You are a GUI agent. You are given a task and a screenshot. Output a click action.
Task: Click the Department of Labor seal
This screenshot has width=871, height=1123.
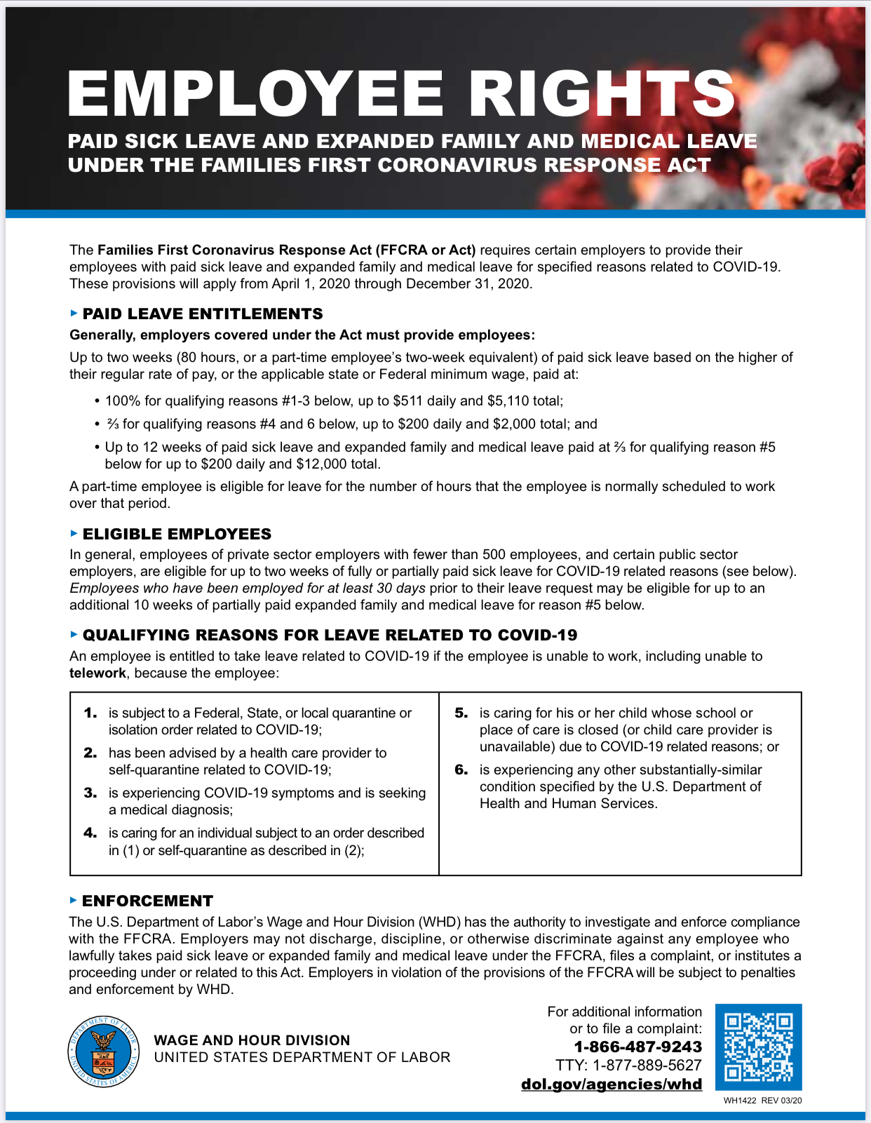pyautogui.click(x=103, y=1051)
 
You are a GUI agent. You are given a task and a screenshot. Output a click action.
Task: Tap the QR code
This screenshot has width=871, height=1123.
pyautogui.click(x=758, y=1047)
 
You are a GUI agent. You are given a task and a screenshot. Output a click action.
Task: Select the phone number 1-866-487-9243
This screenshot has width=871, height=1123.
pyautogui.click(x=637, y=1047)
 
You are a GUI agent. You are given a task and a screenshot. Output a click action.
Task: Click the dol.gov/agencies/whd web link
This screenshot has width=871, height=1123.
pyautogui.click(x=611, y=1084)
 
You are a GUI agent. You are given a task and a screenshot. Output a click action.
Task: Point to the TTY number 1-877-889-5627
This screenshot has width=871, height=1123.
pyautogui.click(x=647, y=1065)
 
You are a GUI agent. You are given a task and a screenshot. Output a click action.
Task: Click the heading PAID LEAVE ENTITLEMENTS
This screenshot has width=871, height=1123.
pyautogui.click(x=203, y=314)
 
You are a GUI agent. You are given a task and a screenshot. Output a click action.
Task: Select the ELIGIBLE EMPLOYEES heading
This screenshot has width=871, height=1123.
pyautogui.click(x=177, y=534)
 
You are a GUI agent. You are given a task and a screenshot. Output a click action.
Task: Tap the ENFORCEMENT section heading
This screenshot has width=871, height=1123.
pyautogui.click(x=147, y=901)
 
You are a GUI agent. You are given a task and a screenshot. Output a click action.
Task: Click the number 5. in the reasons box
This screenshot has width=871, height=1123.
pyautogui.click(x=461, y=713)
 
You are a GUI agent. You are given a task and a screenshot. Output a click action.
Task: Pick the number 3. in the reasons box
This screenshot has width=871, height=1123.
pyautogui.click(x=90, y=793)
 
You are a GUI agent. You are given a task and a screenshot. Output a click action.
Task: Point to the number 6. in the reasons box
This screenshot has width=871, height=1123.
pyautogui.click(x=461, y=769)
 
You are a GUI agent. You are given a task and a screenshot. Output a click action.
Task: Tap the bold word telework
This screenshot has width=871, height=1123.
pyautogui.click(x=97, y=673)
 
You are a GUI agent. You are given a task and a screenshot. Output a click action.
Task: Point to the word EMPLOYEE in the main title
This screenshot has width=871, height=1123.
pyautogui.click(x=256, y=93)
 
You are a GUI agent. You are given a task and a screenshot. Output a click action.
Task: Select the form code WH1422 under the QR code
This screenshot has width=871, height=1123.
pyautogui.click(x=740, y=1101)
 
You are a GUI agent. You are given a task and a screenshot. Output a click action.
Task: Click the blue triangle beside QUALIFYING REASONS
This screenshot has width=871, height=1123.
pyautogui.click(x=74, y=634)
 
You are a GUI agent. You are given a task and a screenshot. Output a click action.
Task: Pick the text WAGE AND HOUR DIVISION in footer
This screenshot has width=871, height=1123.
pyautogui.click(x=252, y=1040)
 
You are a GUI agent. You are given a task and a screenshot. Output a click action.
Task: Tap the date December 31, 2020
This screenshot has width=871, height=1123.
pyautogui.click(x=468, y=283)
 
